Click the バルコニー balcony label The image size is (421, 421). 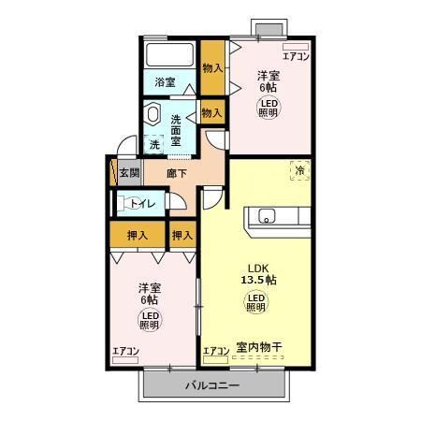(x=211, y=385)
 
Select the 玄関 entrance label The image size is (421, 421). (x=129, y=173)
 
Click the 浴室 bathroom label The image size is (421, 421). (x=166, y=82)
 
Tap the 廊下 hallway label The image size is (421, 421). (x=178, y=173)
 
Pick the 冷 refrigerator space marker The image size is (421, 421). (x=300, y=171)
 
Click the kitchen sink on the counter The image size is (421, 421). (x=267, y=217)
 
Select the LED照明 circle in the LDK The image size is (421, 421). (x=255, y=301)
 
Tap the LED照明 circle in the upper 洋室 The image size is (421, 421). (x=269, y=106)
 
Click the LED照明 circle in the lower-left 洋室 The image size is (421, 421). (x=149, y=321)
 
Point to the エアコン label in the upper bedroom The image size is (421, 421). (x=296, y=55)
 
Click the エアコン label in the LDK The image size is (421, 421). (x=216, y=351)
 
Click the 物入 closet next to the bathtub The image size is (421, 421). (x=212, y=68)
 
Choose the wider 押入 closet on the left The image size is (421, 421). (x=138, y=235)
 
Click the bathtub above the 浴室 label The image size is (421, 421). (x=168, y=54)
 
